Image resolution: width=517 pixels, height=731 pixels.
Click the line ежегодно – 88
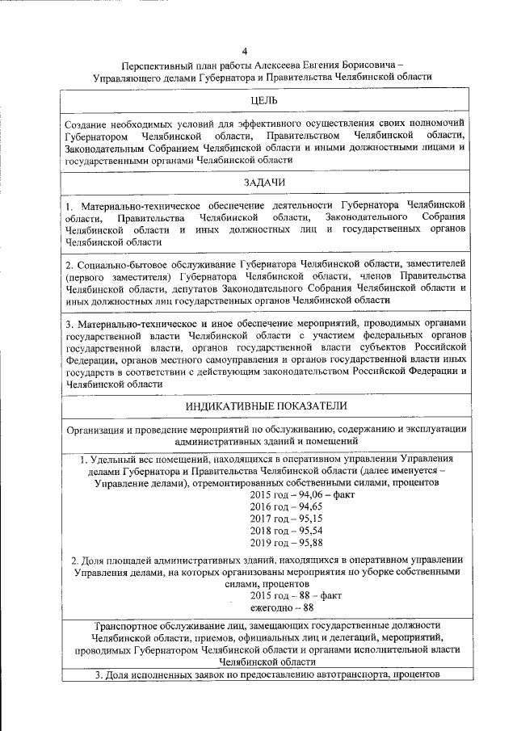click(x=282, y=607)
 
